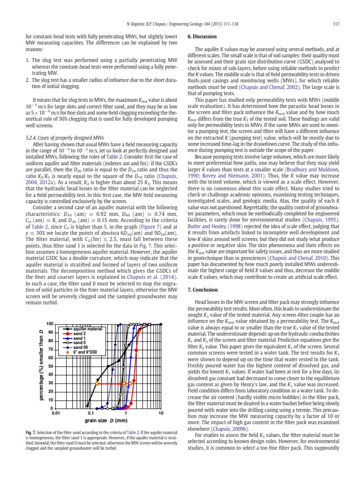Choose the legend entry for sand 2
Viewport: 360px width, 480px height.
[81, 334]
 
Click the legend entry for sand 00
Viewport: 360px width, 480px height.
[82, 347]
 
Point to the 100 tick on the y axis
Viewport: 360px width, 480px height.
[50, 324]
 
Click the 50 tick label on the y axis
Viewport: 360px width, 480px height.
[51, 366]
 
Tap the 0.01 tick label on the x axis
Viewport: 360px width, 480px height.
[57, 413]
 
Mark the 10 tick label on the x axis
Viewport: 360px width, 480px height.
[161, 413]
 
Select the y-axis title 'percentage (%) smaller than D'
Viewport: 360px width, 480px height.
[41, 365]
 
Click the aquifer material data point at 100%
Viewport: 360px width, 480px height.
[161, 324]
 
